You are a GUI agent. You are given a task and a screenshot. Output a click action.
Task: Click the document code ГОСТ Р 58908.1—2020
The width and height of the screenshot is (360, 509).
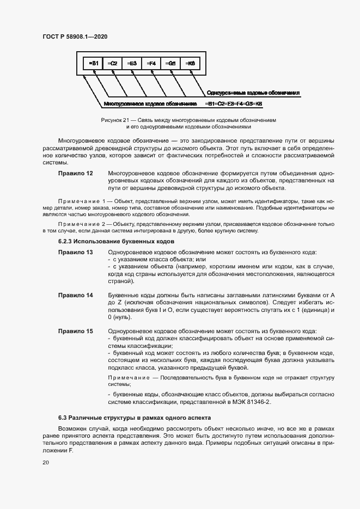(x=75, y=36)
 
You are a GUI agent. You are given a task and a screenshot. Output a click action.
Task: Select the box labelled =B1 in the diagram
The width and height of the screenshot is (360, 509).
(x=93, y=64)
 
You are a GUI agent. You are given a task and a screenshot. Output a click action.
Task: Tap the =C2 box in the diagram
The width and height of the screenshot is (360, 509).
(x=112, y=64)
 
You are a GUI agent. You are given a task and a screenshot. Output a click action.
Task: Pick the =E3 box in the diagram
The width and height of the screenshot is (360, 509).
(x=131, y=64)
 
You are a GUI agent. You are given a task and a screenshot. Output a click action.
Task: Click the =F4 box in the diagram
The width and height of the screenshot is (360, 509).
(x=151, y=64)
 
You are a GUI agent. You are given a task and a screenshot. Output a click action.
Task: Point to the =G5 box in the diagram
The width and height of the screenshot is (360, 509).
(x=170, y=64)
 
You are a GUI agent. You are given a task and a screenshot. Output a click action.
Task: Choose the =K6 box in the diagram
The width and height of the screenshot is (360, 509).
(x=190, y=64)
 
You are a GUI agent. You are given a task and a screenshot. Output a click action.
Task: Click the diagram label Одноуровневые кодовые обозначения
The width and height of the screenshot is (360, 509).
(x=254, y=93)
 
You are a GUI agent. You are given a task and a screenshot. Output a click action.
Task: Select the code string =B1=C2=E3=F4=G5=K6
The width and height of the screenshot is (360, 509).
(x=234, y=103)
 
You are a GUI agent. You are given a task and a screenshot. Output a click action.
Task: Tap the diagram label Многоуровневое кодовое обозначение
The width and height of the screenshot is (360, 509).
(x=150, y=103)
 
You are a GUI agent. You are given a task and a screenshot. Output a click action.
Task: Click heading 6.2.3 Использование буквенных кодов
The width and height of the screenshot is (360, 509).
(x=116, y=241)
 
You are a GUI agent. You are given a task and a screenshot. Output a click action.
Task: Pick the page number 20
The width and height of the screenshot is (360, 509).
(x=45, y=462)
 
